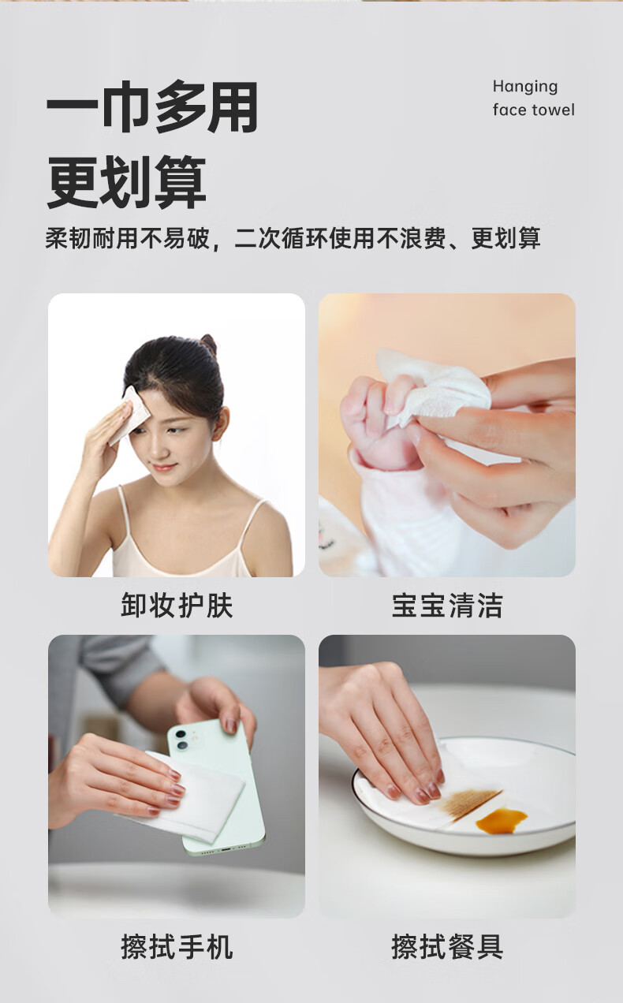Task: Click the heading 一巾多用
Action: [152, 106]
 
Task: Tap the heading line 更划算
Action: [126, 182]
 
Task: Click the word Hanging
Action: [525, 87]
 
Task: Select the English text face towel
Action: [533, 110]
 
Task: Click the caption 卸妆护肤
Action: [177, 606]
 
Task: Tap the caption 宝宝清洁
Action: [447, 606]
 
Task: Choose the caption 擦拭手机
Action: [177, 946]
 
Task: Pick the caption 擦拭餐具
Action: [447, 946]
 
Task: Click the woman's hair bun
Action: [209, 344]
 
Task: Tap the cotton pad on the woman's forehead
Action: [130, 416]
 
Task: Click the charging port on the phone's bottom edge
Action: [225, 849]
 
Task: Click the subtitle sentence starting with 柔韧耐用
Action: [293, 238]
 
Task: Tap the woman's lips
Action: [164, 468]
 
